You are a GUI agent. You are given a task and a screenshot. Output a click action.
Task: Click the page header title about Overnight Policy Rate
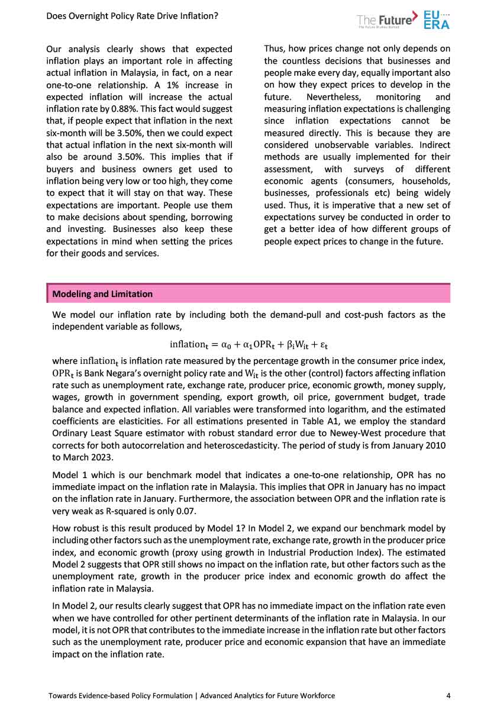coord(132,16)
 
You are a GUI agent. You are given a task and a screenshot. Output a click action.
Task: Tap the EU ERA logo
coord(437,19)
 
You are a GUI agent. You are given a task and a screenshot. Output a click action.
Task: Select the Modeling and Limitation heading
coord(102,294)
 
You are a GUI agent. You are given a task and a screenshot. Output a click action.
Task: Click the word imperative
coord(347,205)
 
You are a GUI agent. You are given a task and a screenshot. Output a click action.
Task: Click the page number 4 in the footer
coord(448,696)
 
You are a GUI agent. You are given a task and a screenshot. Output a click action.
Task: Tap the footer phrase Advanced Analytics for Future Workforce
coord(267,696)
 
